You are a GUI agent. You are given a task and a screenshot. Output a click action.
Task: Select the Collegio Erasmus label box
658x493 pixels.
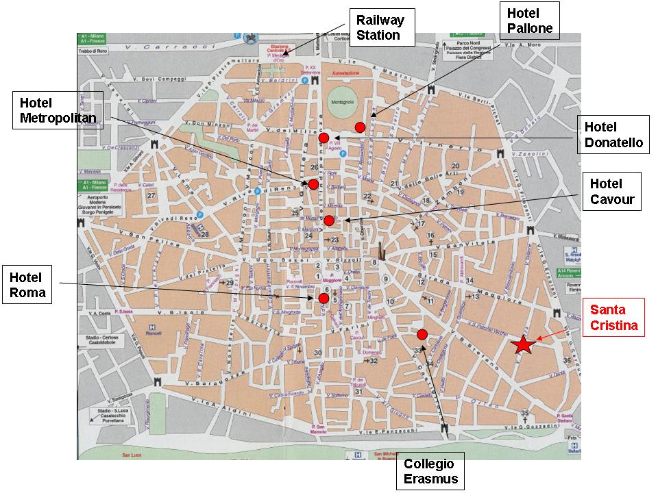pyautogui.click(x=430, y=471)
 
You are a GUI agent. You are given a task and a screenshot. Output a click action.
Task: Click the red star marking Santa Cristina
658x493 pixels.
pyautogui.click(x=524, y=345)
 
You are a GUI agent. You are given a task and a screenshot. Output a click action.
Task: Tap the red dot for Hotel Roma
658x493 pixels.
pyautogui.click(x=323, y=298)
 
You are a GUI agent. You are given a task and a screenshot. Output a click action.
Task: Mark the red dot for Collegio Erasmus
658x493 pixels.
pyautogui.click(x=422, y=334)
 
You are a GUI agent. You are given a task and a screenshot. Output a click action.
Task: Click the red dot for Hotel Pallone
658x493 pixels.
pyautogui.click(x=360, y=127)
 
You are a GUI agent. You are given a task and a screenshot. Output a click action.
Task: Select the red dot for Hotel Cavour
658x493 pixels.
pyautogui.click(x=329, y=220)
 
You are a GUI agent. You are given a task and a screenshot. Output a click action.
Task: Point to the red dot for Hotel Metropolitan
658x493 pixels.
pyautogui.click(x=313, y=184)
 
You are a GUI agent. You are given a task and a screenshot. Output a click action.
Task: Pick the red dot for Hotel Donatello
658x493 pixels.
pyautogui.click(x=324, y=138)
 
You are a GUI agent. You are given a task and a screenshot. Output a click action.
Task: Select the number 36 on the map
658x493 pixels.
pyautogui.click(x=566, y=360)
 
